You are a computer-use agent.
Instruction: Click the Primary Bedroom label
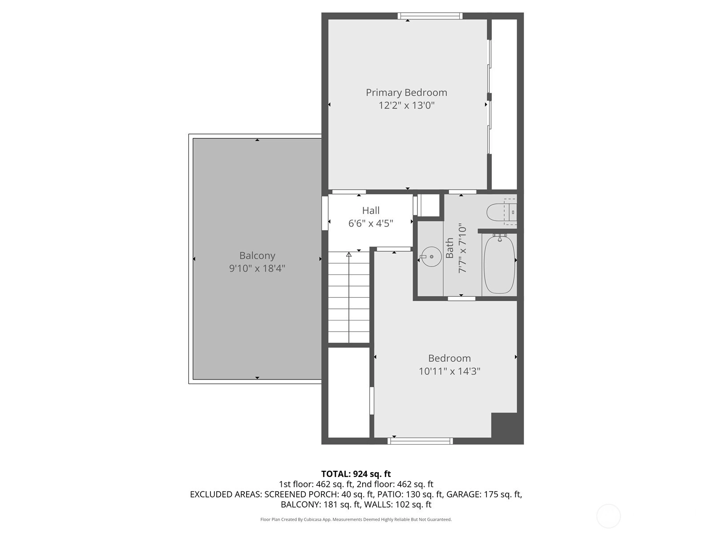click(x=406, y=93)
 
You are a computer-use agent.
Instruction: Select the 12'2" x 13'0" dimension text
click(x=406, y=105)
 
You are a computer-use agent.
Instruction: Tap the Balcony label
click(x=257, y=256)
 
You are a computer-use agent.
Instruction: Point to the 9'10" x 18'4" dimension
click(x=257, y=268)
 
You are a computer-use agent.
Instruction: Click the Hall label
click(x=371, y=210)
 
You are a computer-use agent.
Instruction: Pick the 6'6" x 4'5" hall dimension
click(x=371, y=223)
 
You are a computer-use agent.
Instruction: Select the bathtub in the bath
click(x=499, y=264)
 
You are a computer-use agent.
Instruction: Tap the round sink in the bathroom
click(x=431, y=256)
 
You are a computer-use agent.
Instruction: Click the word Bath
click(x=449, y=248)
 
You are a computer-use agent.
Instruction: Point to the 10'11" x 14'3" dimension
click(x=449, y=371)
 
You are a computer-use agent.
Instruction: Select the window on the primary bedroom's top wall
click(x=430, y=16)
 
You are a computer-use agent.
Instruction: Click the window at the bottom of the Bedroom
click(x=420, y=441)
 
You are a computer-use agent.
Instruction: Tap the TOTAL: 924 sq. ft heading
click(x=356, y=474)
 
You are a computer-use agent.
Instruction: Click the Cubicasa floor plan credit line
click(x=356, y=519)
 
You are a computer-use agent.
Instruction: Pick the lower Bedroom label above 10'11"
click(x=449, y=358)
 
